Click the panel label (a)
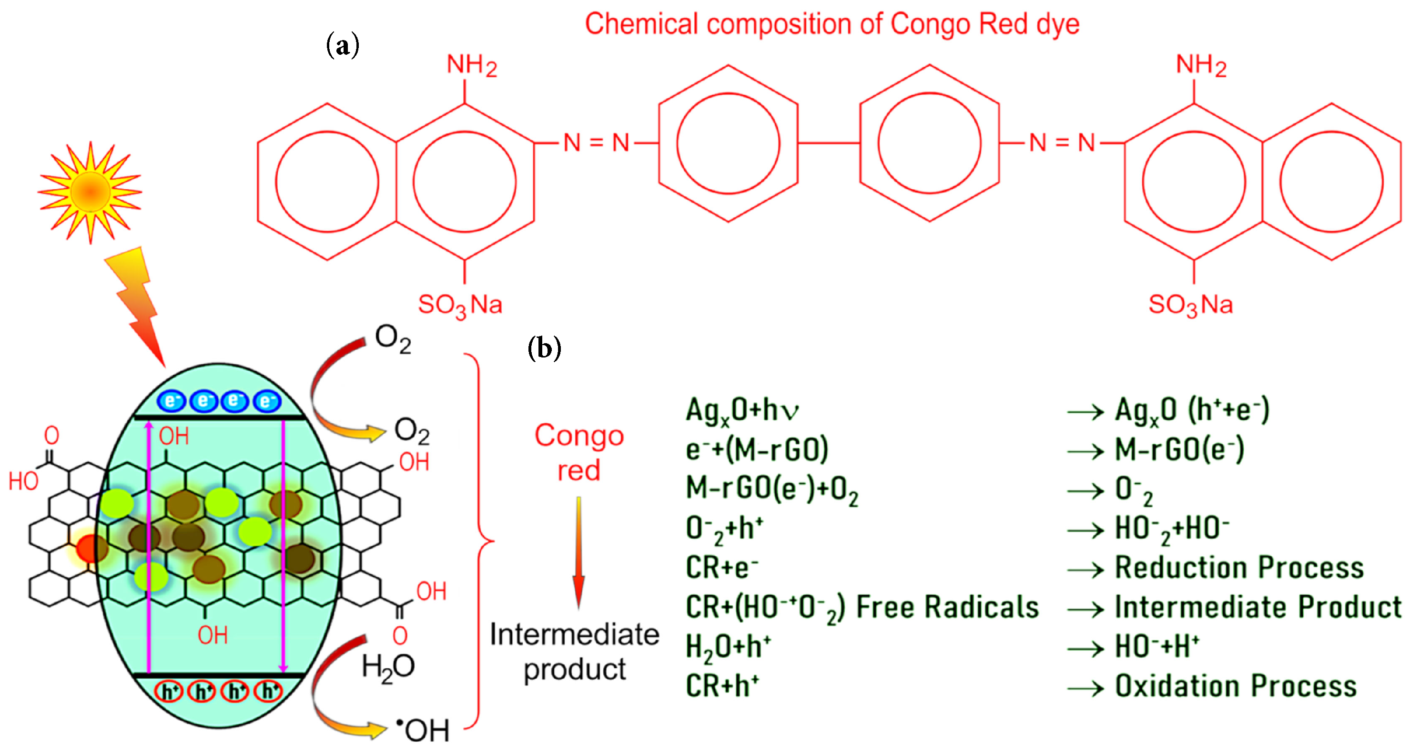tap(343, 45)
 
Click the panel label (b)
tap(544, 348)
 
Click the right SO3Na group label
tap(1190, 305)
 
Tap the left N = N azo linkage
tap(597, 143)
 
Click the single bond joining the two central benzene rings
tap(829, 143)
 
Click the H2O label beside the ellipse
tap(388, 667)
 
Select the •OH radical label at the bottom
tap(423, 730)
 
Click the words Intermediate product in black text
tap(574, 652)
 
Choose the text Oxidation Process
tap(1236, 686)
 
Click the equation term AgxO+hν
tap(741, 410)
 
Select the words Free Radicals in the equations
tap(947, 607)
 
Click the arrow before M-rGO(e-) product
tap(1085, 452)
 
